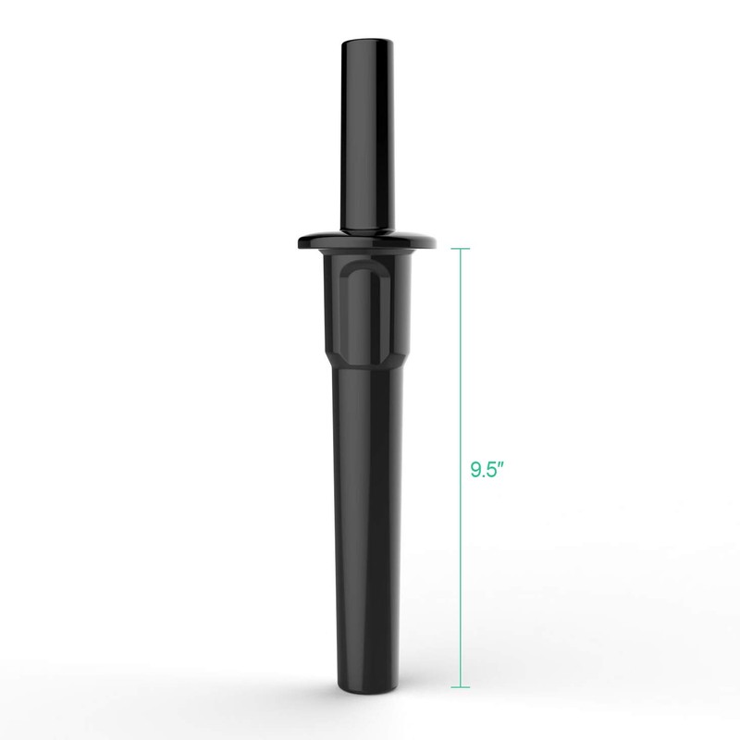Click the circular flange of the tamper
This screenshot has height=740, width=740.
(366, 242)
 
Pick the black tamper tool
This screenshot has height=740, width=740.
(366, 416)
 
